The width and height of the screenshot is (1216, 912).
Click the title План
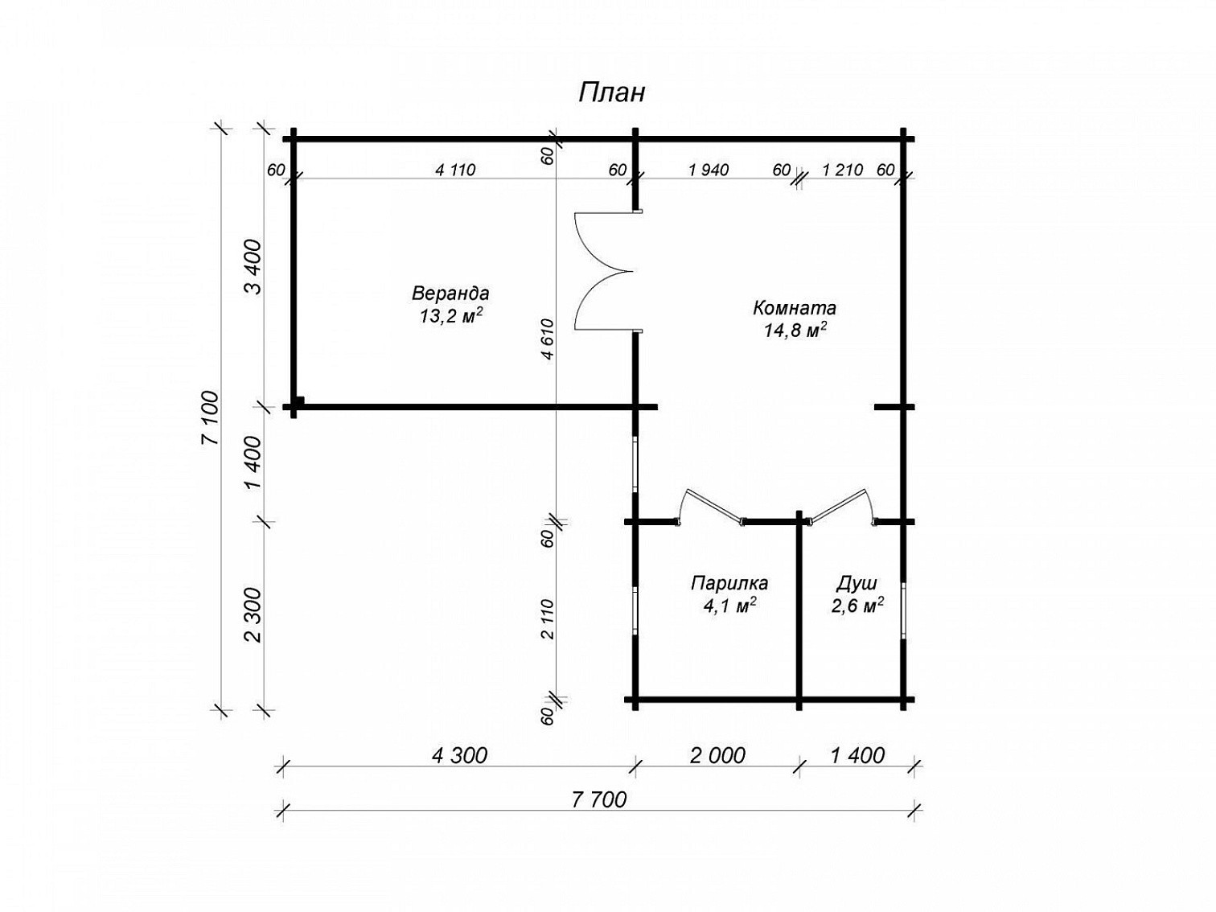611,93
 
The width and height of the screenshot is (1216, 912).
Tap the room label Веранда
450,293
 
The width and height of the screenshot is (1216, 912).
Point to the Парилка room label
729,583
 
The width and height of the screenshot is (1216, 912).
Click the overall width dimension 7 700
599,799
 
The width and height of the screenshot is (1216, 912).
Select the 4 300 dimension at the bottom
459,755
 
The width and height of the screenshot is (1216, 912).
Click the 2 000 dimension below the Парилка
717,755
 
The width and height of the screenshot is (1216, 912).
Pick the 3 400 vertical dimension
253,268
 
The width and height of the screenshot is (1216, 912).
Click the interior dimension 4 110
455,170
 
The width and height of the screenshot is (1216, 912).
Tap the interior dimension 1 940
709,170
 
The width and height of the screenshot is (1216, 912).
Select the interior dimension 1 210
843,170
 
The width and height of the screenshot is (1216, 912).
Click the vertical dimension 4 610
548,339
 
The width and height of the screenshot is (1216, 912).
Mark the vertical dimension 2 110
548,619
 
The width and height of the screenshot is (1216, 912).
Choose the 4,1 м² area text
729,606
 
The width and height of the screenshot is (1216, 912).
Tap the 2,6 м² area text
857,606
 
